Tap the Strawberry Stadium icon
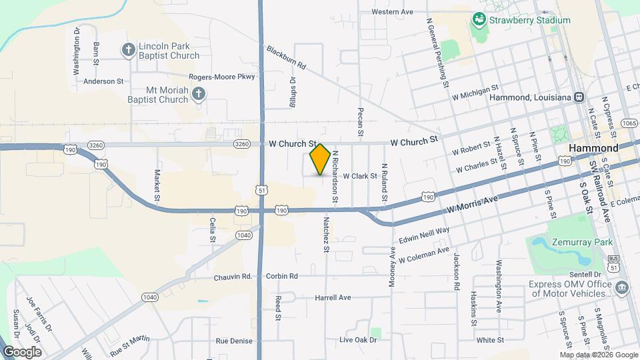click(x=478, y=20)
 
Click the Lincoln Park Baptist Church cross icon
click(x=127, y=49)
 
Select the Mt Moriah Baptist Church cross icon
click(x=198, y=94)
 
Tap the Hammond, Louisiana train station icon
click(x=579, y=97)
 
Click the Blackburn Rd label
click(x=286, y=57)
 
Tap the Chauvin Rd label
click(x=232, y=277)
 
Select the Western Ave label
click(x=393, y=12)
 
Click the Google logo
click(x=21, y=351)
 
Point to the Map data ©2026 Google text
click(x=599, y=354)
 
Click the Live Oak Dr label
click(x=358, y=340)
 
